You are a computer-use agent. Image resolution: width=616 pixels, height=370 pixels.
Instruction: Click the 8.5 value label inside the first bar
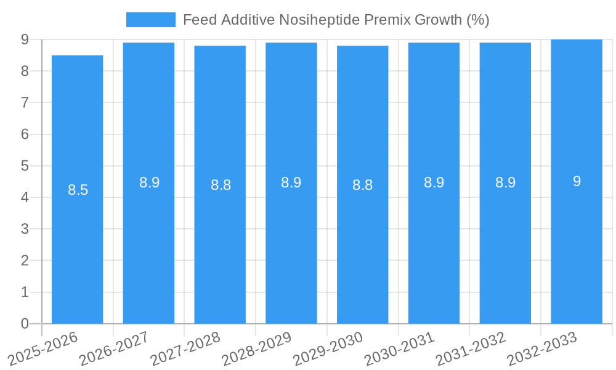pyautogui.click(x=78, y=190)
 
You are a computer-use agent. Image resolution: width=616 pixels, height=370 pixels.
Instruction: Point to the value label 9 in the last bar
pyautogui.click(x=577, y=181)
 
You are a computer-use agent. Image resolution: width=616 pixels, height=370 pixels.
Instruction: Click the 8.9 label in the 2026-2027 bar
pyautogui.click(x=149, y=183)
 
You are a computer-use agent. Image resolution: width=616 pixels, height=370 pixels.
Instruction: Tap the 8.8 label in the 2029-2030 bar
pyautogui.click(x=362, y=185)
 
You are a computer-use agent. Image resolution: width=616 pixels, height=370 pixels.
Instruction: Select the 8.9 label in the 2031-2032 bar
pyautogui.click(x=505, y=183)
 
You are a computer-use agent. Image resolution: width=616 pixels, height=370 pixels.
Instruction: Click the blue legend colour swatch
pyautogui.click(x=151, y=20)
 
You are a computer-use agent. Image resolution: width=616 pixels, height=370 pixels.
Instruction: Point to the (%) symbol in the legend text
pyautogui.click(x=477, y=20)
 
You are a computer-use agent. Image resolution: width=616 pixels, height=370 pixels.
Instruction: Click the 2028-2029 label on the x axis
pyautogui.click(x=257, y=348)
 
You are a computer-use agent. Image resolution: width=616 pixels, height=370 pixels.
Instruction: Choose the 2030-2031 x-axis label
pyautogui.click(x=400, y=348)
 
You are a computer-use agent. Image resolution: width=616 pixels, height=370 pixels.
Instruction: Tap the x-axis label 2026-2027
pyautogui.click(x=115, y=348)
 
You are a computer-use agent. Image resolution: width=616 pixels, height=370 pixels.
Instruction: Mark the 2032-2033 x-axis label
pyautogui.click(x=542, y=348)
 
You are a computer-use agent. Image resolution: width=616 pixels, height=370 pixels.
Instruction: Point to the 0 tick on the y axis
pyautogui.click(x=25, y=324)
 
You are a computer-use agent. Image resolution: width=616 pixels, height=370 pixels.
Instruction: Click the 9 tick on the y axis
pyautogui.click(x=25, y=39)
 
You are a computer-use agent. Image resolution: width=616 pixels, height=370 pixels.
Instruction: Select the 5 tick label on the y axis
pyautogui.click(x=25, y=166)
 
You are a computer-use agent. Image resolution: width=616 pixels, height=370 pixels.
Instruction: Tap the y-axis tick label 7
pyautogui.click(x=25, y=102)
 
